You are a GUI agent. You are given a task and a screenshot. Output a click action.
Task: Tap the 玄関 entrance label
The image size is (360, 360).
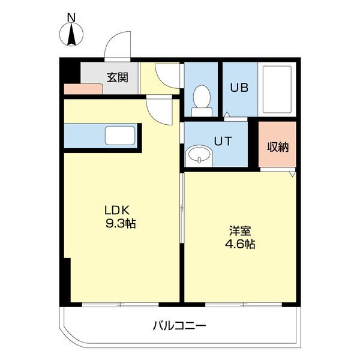(117, 77)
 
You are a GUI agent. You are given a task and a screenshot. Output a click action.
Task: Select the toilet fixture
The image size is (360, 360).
(201, 100)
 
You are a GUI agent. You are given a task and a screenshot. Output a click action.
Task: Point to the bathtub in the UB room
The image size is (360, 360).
(277, 90)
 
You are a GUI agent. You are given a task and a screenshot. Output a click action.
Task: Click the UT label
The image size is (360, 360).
(223, 142)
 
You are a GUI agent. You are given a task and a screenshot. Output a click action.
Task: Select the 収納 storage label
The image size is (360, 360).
(278, 146)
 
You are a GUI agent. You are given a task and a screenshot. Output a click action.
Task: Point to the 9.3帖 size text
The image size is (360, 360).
(120, 224)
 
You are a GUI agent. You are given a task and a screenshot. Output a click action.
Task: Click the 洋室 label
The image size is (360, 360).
(240, 230)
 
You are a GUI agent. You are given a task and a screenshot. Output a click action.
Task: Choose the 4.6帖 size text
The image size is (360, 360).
(240, 244)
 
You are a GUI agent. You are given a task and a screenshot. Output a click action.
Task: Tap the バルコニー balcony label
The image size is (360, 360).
(178, 326)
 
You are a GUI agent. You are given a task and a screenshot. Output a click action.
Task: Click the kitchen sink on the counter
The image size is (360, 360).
(120, 136)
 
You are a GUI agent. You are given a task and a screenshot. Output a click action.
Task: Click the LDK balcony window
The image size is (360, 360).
(121, 304)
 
